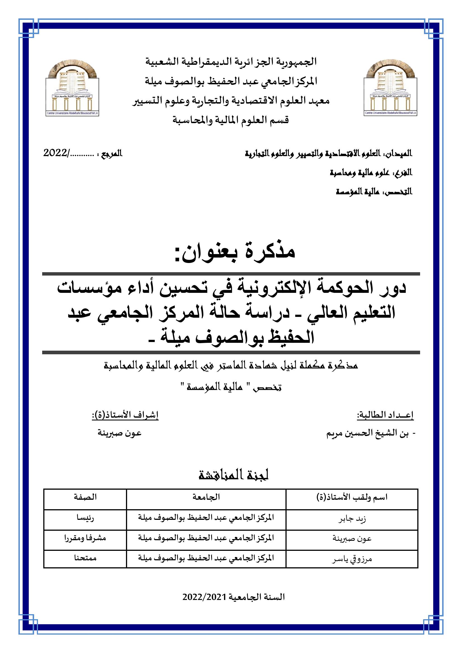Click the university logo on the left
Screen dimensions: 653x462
tap(72, 88)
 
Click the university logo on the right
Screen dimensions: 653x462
tap(390, 88)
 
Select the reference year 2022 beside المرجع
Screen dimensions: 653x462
tap(55, 154)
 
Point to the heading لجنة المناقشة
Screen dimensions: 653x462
tap(233, 475)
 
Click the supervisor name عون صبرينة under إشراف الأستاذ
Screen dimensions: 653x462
tap(120, 434)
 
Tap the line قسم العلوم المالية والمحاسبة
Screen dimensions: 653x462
tap(231, 121)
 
